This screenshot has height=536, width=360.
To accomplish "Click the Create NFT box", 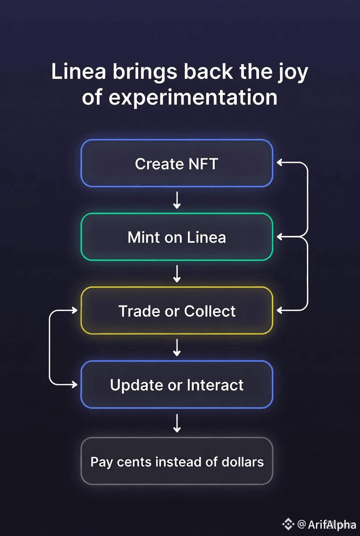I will [x=177, y=163].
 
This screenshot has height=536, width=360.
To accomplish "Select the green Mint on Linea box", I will [x=177, y=237].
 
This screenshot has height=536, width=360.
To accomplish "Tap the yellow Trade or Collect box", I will [x=177, y=311].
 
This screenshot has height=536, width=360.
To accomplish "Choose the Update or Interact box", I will [x=177, y=385].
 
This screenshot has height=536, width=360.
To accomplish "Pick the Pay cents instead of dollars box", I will [x=177, y=461].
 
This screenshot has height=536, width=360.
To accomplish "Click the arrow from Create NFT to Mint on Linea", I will [x=177, y=200].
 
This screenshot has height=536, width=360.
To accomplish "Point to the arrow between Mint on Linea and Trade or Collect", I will [x=177, y=274].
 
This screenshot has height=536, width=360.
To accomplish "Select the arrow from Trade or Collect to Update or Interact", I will [x=177, y=347].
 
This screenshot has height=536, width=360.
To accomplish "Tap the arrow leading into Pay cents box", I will [x=177, y=423].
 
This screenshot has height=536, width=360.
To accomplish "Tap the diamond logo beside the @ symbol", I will [x=288, y=524].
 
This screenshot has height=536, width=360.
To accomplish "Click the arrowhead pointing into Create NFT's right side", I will [x=279, y=162].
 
